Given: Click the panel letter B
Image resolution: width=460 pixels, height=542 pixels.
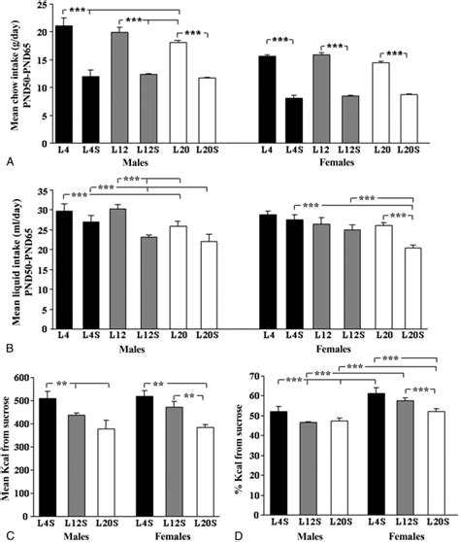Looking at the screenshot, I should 8,346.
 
